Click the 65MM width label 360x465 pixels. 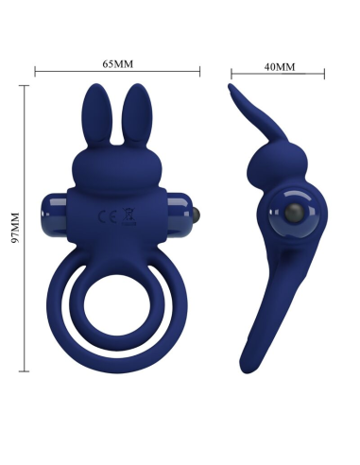coord(118,62)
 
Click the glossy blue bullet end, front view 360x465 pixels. coord(49,206)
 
